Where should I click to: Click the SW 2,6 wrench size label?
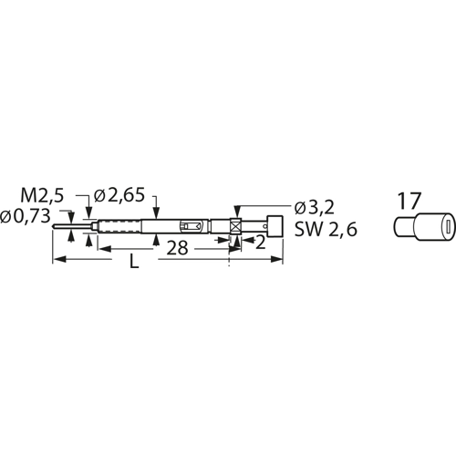click(325, 231)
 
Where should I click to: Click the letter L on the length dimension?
click(135, 262)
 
